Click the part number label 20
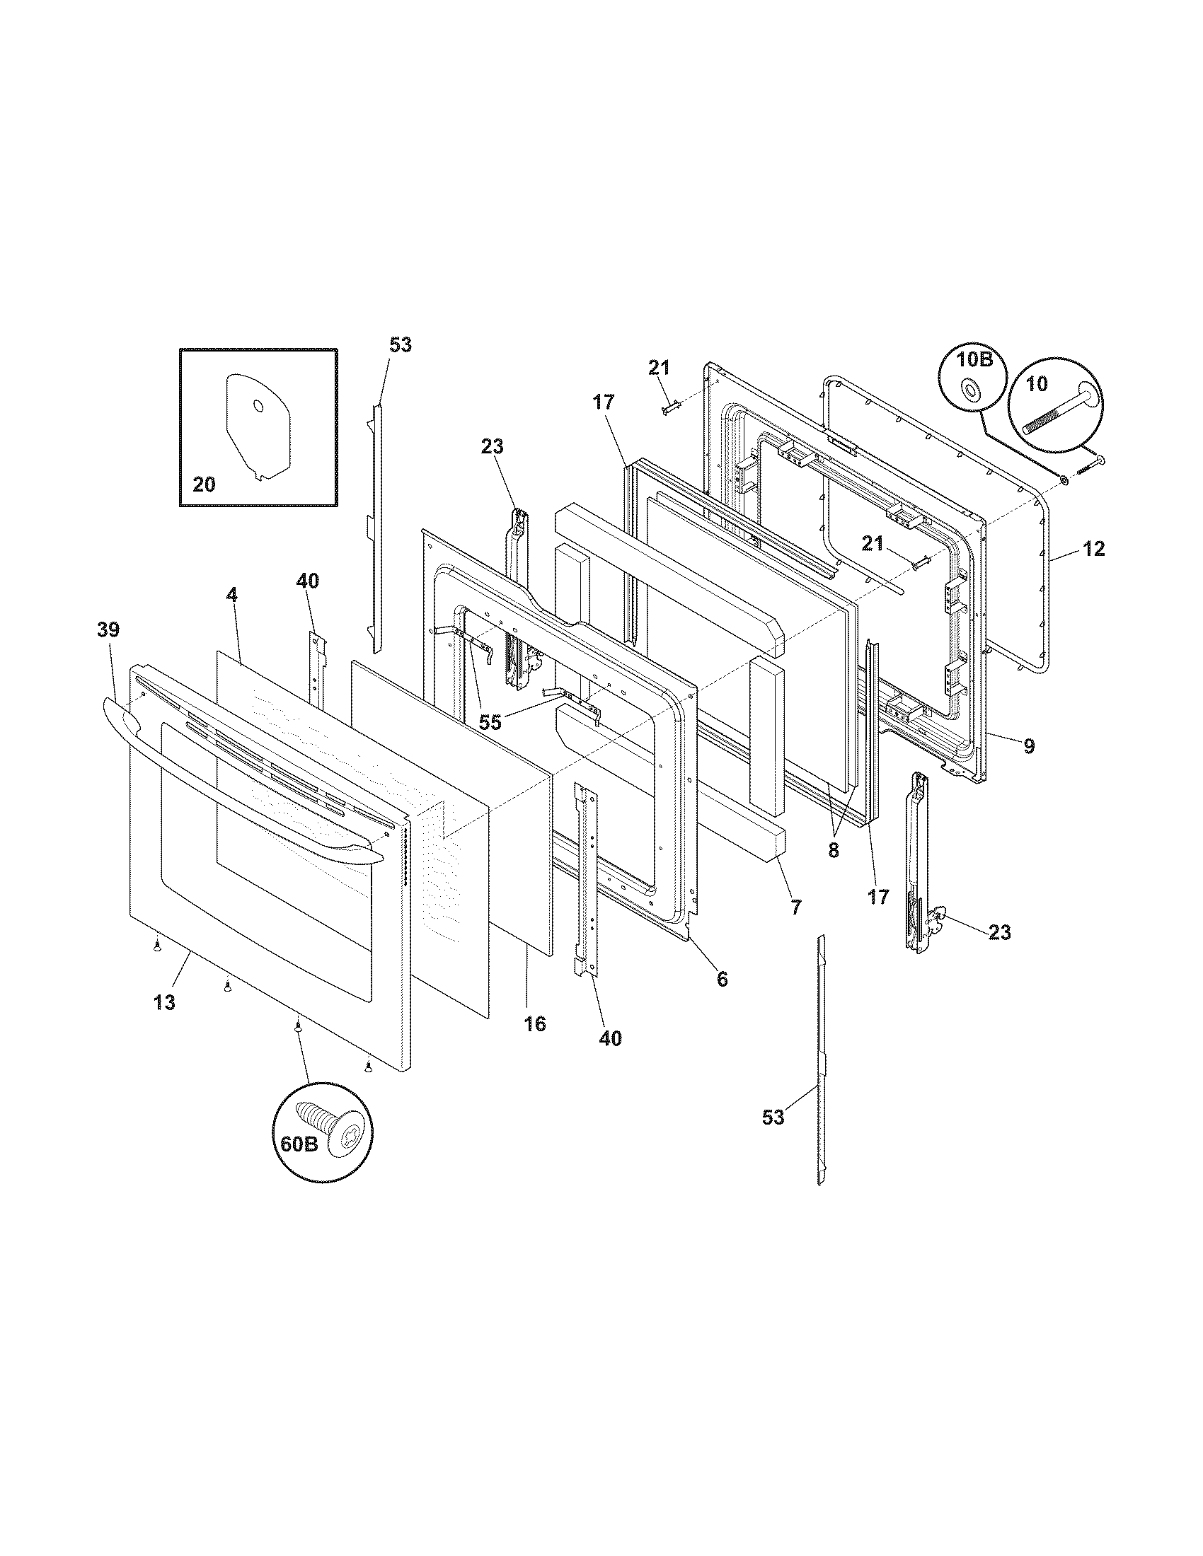pos(204,484)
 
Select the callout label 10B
pos(974,359)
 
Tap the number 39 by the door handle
pos(108,629)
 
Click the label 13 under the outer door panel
pos(164,1002)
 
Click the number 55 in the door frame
pos(490,722)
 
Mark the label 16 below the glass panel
pos(534,1024)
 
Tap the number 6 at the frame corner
pos(722,980)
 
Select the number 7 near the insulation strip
pos(796,907)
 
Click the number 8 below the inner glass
pos(833,850)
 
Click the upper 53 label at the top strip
pos(401,345)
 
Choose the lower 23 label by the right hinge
pos(999,932)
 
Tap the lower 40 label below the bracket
pos(610,1039)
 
